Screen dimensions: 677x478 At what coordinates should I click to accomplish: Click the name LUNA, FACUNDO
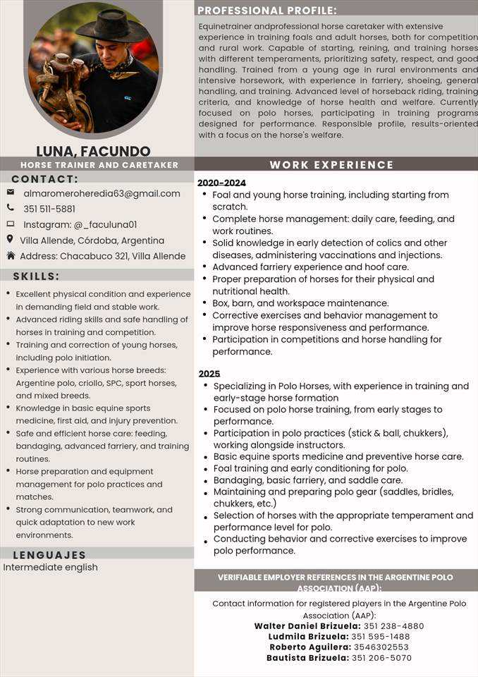(93, 151)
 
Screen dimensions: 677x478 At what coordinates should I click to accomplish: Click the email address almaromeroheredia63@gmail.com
(102, 193)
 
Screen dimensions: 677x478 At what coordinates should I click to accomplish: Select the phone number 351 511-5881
(49, 209)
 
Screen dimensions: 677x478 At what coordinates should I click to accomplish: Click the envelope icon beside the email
(11, 193)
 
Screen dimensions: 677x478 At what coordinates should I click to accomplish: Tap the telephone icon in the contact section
(11, 208)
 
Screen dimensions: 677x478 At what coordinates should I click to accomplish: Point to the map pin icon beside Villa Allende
(11, 240)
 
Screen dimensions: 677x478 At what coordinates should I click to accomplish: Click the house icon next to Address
(11, 255)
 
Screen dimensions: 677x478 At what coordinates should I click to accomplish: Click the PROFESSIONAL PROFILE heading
(267, 11)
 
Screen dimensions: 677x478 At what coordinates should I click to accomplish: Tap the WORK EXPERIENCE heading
(331, 165)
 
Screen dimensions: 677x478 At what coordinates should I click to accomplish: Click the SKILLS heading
(36, 276)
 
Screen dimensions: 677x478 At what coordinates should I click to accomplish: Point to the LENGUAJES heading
(49, 555)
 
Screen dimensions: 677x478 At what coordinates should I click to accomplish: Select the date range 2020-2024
(221, 183)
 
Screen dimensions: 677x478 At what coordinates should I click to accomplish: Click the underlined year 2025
(209, 374)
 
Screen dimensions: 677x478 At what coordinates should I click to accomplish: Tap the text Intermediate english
(50, 567)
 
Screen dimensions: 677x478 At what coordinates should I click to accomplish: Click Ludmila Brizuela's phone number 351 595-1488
(381, 636)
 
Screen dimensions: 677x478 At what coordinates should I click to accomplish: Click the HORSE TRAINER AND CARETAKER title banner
(99, 165)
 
